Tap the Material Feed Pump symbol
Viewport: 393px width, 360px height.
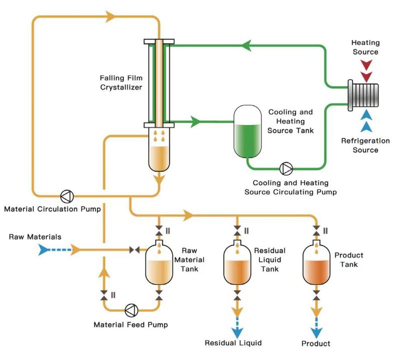[130, 310]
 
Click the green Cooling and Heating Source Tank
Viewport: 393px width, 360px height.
[248, 131]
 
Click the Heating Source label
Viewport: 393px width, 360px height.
[365, 47]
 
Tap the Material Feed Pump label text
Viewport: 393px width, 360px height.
[130, 325]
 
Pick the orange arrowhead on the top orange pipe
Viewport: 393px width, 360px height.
[111, 16]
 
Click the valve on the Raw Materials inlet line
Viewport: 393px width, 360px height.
[134, 249]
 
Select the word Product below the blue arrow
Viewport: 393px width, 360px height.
[316, 343]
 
